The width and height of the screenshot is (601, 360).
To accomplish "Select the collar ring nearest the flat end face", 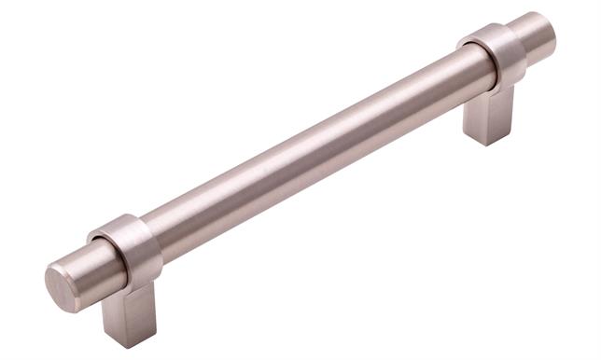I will coord(129,250).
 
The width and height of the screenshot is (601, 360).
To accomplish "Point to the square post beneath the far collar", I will coord(488,117).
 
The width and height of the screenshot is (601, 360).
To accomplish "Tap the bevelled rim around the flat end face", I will coord(49,280).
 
